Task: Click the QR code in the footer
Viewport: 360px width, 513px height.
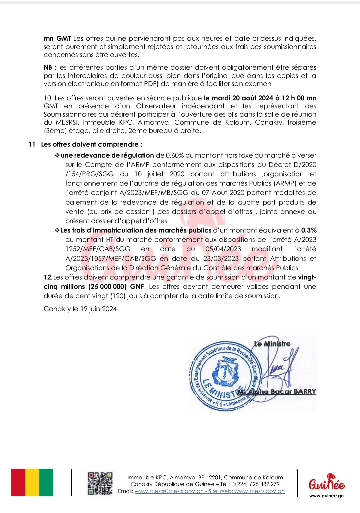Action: [100, 483]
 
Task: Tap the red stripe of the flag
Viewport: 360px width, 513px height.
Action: [18, 482]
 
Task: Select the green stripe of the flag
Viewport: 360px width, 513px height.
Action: [46, 482]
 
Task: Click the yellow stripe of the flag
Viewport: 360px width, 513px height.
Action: [32, 482]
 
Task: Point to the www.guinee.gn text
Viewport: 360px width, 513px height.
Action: [326, 496]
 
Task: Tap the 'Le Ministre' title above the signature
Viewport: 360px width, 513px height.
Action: [272, 344]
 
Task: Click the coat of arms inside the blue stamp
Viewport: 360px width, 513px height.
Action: [225, 371]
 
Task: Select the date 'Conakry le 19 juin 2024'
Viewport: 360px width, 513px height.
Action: [80, 309]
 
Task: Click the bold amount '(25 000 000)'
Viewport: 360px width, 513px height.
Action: [107, 286]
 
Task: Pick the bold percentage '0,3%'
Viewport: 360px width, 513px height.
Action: [309, 230]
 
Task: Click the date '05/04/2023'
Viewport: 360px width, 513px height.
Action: [223, 249]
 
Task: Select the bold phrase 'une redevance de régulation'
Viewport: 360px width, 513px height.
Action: [107, 155]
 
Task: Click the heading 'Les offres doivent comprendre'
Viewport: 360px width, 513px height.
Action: [91, 144]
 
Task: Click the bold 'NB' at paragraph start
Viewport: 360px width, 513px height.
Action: [48, 67]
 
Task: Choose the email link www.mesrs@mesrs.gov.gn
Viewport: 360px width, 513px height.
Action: [169, 491]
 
